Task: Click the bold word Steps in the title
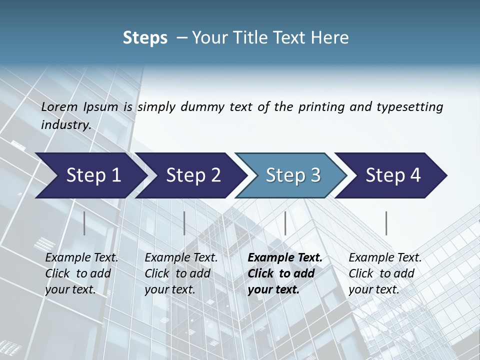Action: click(145, 38)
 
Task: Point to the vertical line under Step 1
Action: click(84, 223)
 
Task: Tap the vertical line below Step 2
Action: click(184, 223)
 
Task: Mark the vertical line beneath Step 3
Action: click(285, 223)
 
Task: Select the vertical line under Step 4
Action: click(386, 223)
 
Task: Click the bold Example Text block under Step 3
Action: click(284, 273)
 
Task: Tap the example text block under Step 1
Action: click(81, 273)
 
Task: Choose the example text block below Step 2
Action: click(181, 273)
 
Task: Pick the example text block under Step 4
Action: click(385, 273)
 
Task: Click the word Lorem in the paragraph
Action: click(59, 107)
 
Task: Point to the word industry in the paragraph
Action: click(65, 125)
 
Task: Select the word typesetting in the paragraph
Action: click(409, 107)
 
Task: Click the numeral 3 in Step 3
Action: click(315, 175)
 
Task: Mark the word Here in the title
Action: click(332, 38)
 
